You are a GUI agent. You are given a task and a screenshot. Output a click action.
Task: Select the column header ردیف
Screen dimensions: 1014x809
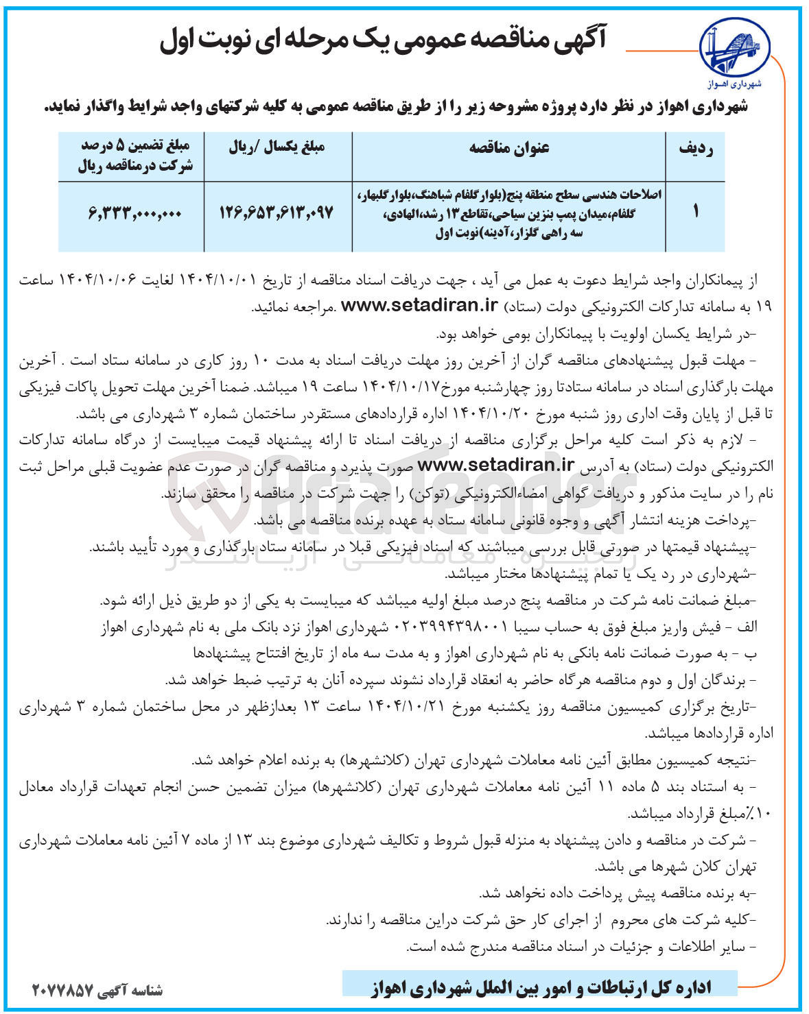click(x=695, y=149)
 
